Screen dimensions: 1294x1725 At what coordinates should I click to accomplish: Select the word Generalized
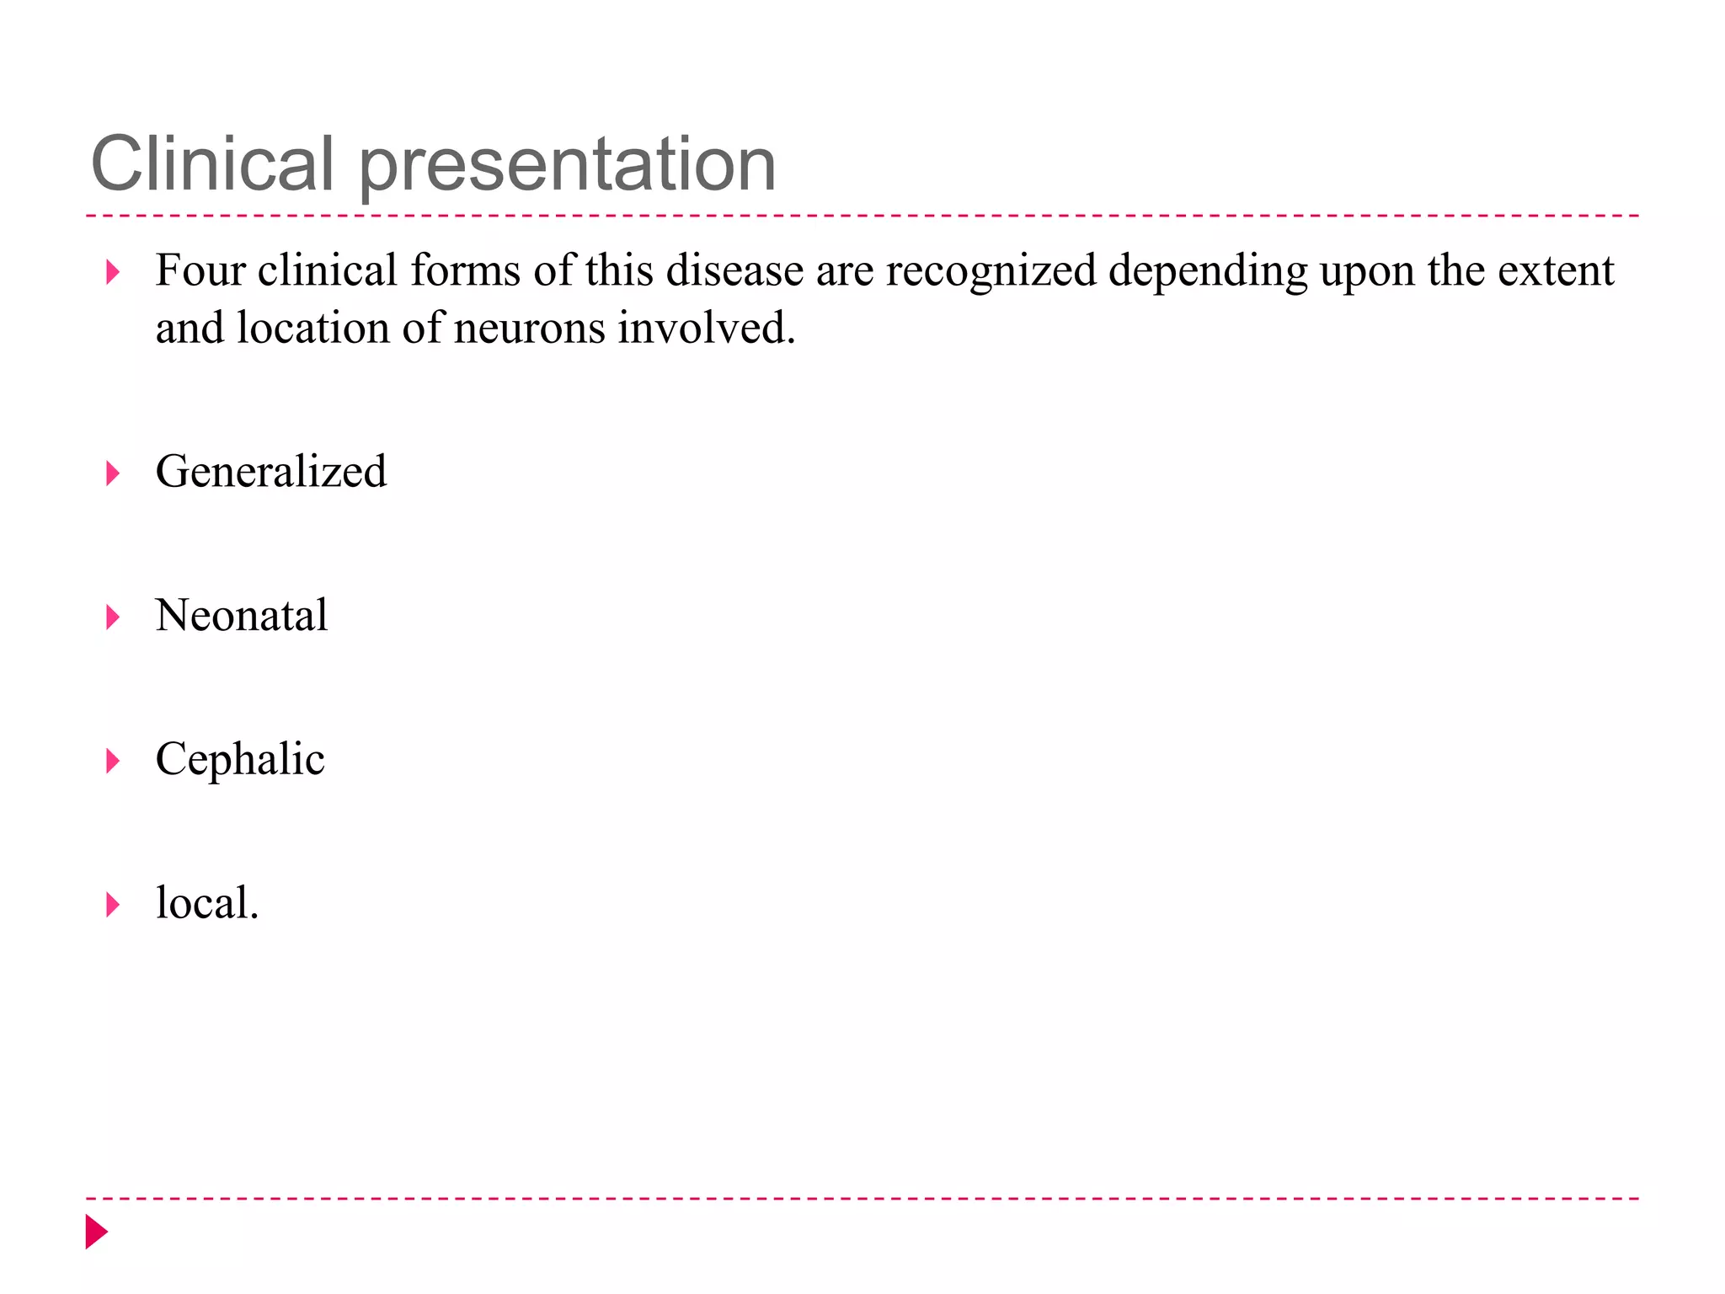pos(271,471)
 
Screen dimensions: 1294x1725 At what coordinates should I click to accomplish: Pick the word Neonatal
pos(242,615)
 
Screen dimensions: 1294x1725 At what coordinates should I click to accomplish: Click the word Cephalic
pos(240,759)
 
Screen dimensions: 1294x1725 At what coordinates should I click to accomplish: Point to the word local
pos(206,903)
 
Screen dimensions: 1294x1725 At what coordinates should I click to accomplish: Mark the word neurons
pos(529,329)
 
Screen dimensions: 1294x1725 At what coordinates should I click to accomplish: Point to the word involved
pos(706,329)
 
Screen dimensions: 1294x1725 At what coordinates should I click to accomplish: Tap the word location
pos(312,329)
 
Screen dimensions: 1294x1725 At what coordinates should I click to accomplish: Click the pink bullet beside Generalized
pos(112,473)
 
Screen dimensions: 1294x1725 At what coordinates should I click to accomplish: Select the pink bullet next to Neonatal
pos(112,618)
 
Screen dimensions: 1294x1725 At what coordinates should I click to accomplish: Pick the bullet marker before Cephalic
pos(112,762)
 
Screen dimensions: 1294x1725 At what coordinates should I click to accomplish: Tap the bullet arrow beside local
pos(112,906)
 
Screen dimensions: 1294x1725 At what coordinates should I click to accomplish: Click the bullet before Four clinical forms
pos(112,272)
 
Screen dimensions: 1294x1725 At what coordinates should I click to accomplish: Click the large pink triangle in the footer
pos(96,1232)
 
